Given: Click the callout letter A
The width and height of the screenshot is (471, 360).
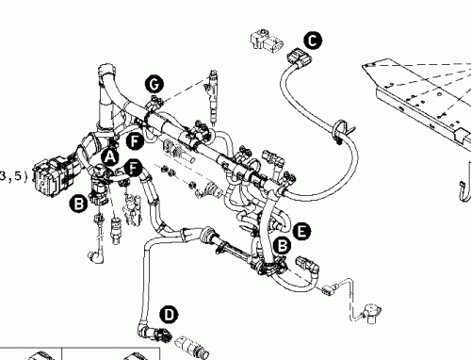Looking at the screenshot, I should (110, 155).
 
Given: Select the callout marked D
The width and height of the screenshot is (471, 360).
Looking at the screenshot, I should (168, 313).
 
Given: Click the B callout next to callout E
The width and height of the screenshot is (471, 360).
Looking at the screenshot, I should (279, 245).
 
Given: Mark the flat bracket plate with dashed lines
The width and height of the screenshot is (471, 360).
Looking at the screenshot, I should (414, 90).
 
